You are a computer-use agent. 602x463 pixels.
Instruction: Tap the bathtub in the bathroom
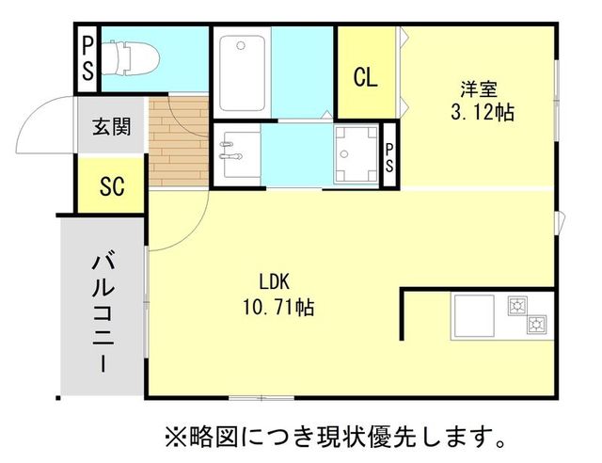click(244, 73)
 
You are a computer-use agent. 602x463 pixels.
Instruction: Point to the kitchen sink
click(474, 317)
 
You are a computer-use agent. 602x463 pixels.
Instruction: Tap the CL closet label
click(366, 77)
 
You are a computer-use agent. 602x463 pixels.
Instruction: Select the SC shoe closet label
click(112, 185)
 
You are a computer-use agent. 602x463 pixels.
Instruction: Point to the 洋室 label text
click(478, 89)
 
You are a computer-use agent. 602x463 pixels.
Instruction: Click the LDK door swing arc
click(169, 226)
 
